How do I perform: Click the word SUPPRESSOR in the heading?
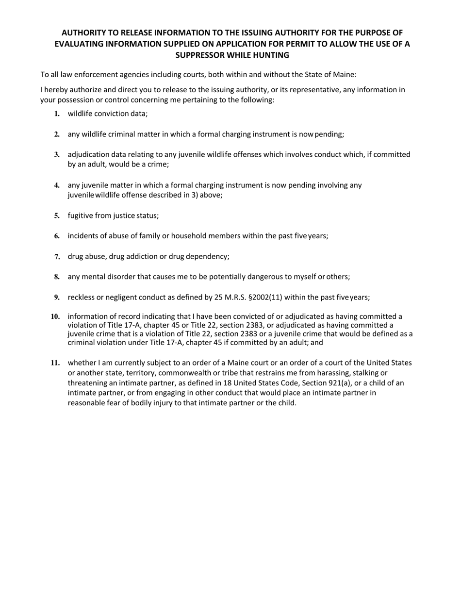point(199,55)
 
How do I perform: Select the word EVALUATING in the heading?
point(81,44)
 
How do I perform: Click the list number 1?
point(57,114)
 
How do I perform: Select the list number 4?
point(57,185)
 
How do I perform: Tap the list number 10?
point(55,317)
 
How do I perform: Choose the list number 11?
point(55,363)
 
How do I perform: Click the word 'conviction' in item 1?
point(111,114)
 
